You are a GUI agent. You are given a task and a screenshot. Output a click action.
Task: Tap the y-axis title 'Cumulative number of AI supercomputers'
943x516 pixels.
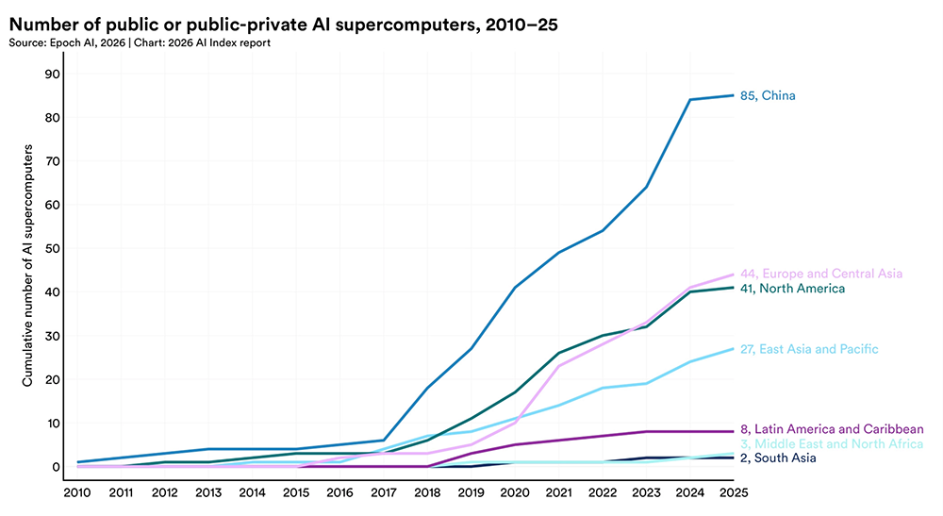coord(30,265)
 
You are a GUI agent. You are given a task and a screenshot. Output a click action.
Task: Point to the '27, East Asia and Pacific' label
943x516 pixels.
coord(810,349)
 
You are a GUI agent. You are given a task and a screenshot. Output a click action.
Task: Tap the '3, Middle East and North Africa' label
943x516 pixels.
coord(833,443)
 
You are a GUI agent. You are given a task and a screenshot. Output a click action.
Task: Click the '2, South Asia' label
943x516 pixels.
coord(778,458)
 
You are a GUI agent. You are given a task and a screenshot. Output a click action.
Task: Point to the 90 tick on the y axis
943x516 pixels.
coord(53,75)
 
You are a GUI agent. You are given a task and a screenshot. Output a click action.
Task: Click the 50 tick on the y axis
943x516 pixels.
coord(53,249)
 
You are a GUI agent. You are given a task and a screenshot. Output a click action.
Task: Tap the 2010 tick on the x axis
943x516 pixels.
coord(78,491)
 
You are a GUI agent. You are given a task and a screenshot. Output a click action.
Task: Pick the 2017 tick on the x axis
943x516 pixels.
coord(385,491)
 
